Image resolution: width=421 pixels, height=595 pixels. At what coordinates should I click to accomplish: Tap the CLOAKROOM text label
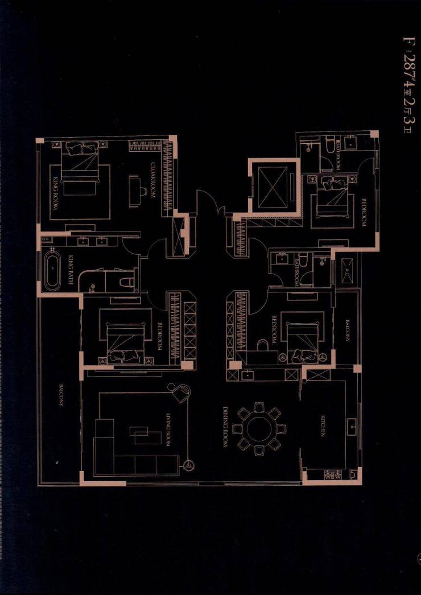click(153, 180)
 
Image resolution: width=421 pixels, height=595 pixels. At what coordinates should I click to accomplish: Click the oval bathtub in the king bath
click(52, 272)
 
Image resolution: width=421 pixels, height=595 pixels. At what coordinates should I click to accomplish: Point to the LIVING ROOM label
click(168, 429)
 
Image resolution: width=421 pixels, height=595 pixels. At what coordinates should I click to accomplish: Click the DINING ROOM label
click(226, 427)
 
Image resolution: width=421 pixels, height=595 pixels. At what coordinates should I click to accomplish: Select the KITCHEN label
click(323, 426)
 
